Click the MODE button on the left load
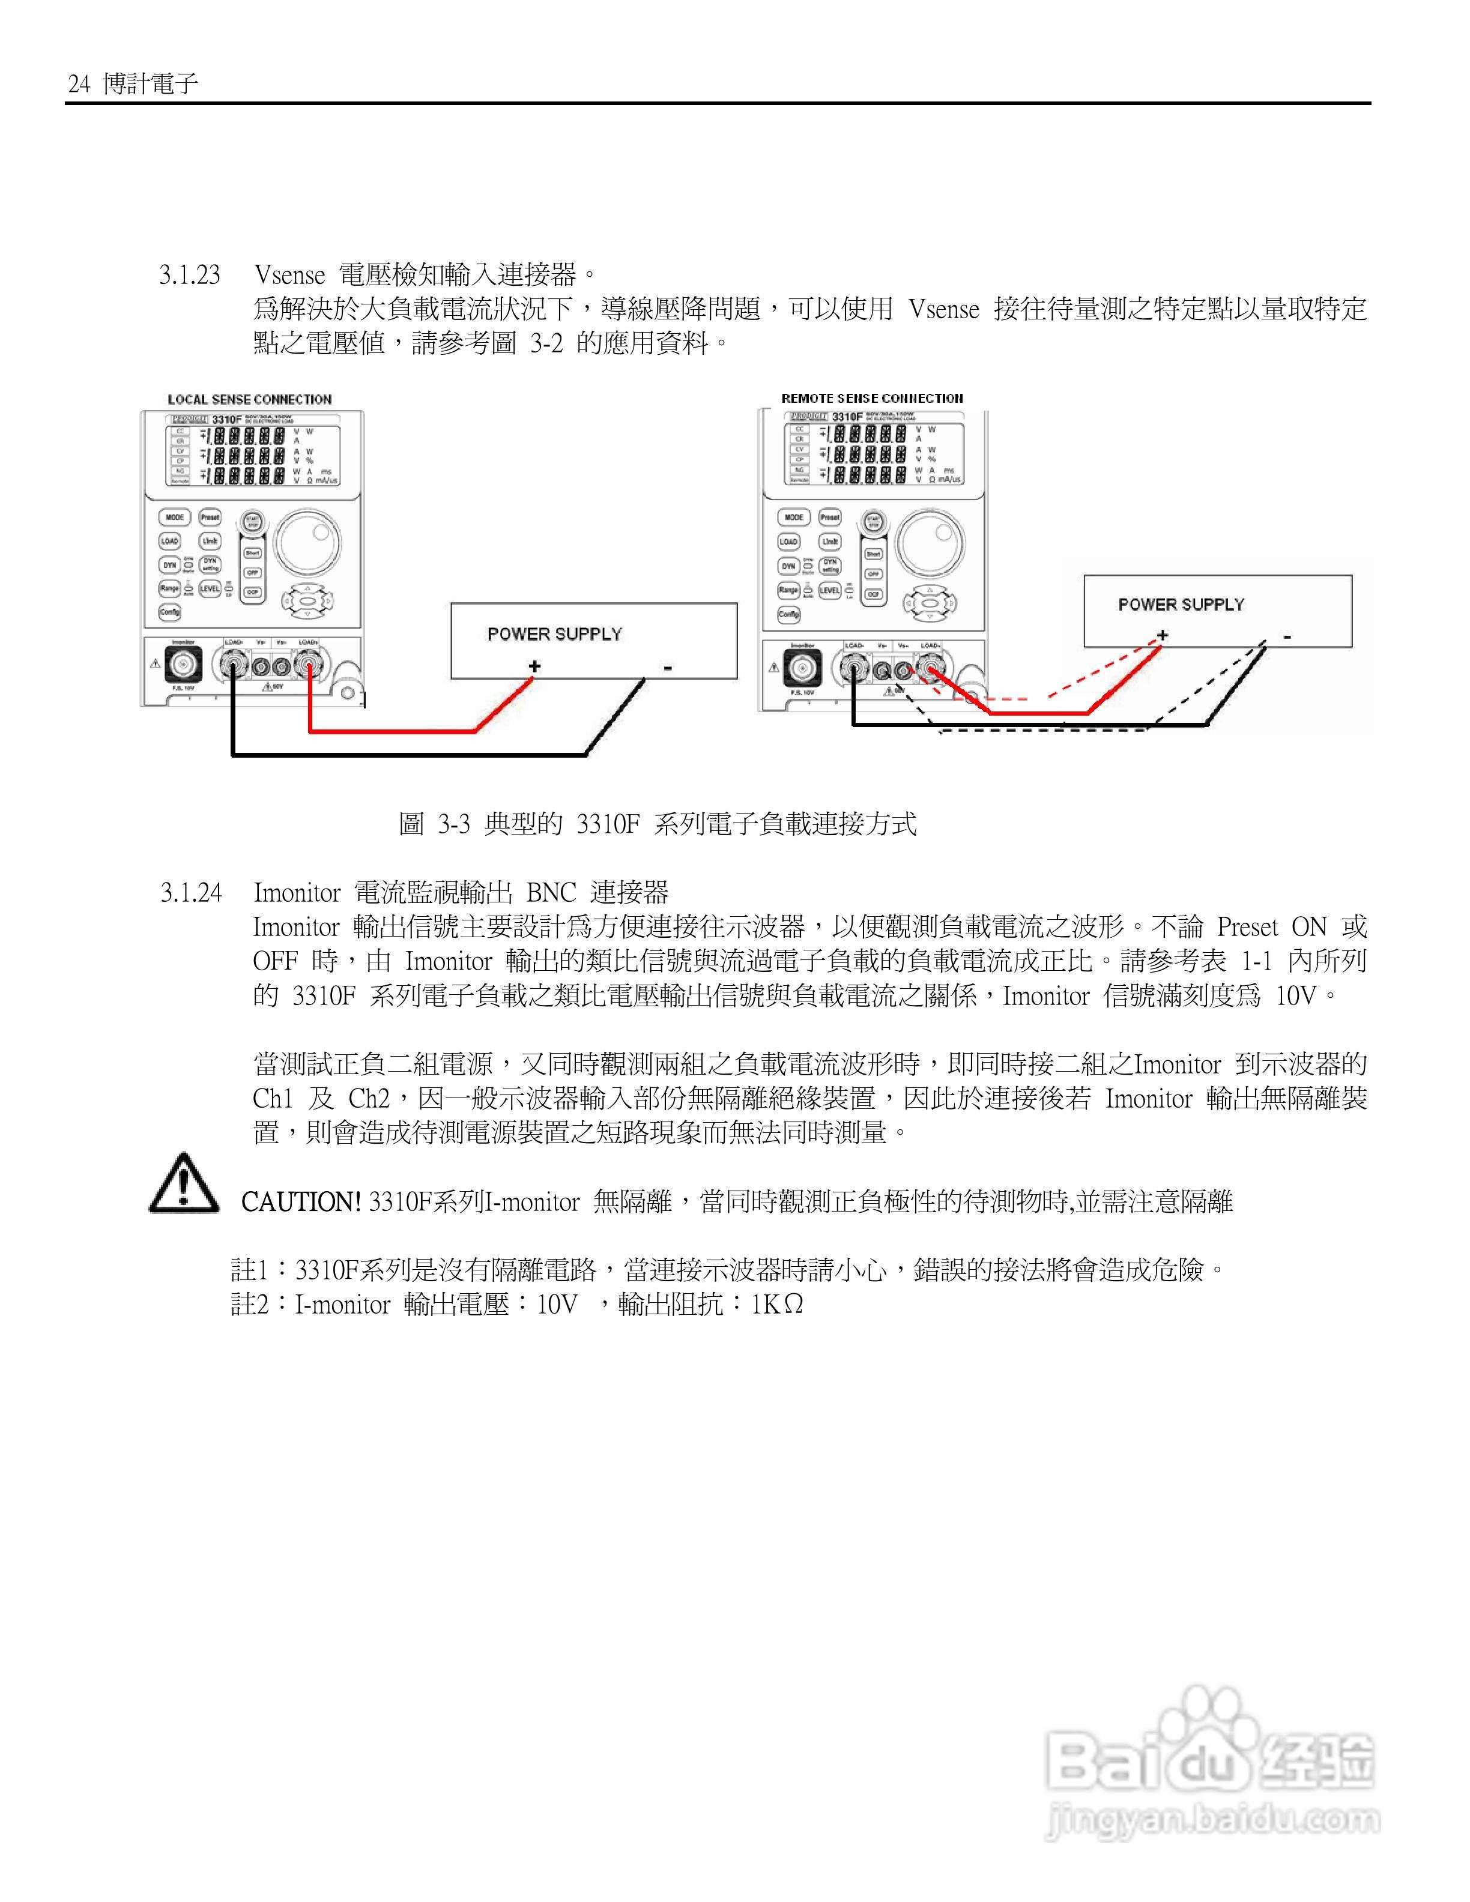pyautogui.click(x=175, y=518)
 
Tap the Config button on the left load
pyautogui.click(x=169, y=612)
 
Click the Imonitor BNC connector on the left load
pyautogui.click(x=184, y=667)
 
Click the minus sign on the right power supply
pyautogui.click(x=1287, y=636)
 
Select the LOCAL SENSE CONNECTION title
pyautogui.click(x=250, y=400)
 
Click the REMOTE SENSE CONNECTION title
pyautogui.click(x=872, y=398)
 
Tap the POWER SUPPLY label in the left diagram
pyautogui.click(x=555, y=634)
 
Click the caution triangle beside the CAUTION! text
pyautogui.click(x=184, y=1185)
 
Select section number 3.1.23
pyautogui.click(x=190, y=275)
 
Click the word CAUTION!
pyautogui.click(x=300, y=1203)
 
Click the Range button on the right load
pyautogui.click(x=788, y=590)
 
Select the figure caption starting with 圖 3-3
pyautogui.click(x=658, y=824)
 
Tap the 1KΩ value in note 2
pyautogui.click(x=777, y=1305)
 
